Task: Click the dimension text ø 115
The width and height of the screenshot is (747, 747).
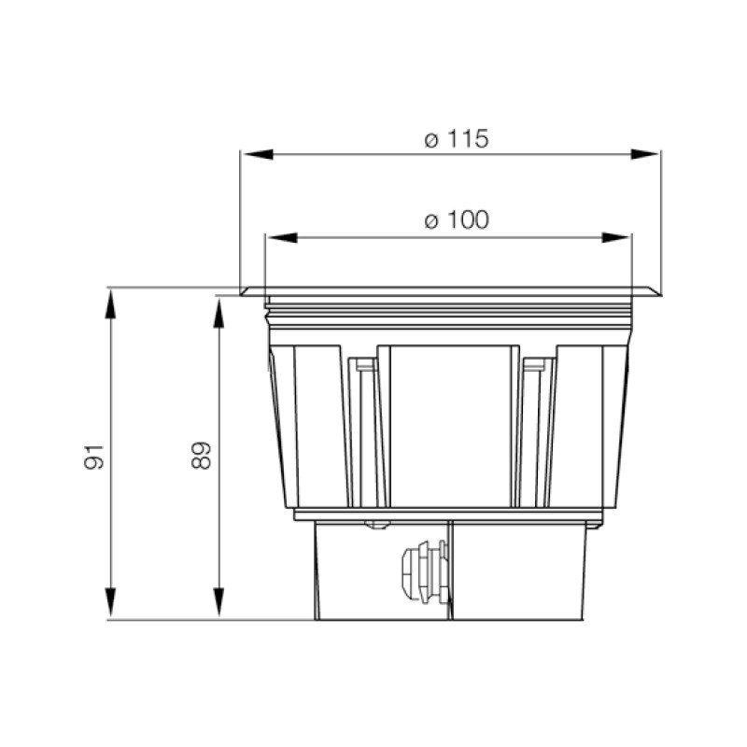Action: coord(457,139)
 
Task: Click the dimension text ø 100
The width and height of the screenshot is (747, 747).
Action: coord(457,220)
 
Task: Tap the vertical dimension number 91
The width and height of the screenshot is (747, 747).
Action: coord(94,457)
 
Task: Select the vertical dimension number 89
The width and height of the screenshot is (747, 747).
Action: coord(201,456)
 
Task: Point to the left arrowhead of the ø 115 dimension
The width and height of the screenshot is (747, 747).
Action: coord(258,154)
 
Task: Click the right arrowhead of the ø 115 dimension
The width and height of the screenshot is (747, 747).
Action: coord(644,154)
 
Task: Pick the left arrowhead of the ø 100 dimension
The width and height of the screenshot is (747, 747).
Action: coord(282,237)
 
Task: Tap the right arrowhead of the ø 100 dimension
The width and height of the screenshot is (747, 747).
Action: coord(615,237)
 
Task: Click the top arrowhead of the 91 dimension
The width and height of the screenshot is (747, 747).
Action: coord(110,303)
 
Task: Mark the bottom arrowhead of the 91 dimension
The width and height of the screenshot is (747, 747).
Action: coord(110,602)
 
